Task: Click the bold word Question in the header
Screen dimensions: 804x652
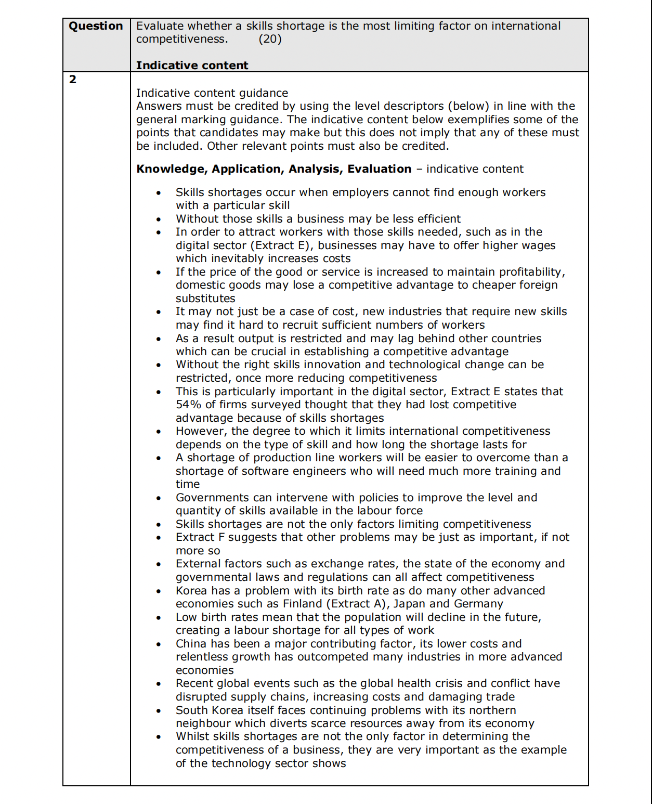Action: coord(96,26)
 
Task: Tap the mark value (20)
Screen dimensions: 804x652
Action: coord(270,39)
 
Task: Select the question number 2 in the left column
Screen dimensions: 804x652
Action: coord(73,80)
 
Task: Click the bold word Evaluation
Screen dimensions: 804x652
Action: coord(379,169)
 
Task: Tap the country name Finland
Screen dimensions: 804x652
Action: coord(303,604)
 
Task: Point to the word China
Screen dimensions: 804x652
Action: coord(191,644)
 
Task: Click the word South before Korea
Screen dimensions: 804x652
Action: coord(191,710)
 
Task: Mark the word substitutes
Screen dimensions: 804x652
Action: coord(205,299)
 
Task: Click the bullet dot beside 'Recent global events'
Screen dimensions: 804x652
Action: coord(159,684)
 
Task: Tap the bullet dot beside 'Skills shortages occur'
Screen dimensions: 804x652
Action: coord(159,193)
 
